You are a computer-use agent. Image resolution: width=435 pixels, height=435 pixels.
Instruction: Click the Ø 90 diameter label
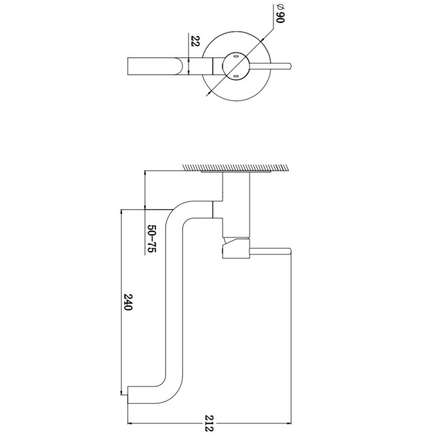tap(280, 14)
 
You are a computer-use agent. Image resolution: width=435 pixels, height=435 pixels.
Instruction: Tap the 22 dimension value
tap(196, 41)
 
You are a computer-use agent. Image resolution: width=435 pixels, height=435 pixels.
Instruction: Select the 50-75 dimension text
tap(152, 239)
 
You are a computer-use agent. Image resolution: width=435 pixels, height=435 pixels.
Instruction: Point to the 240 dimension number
tap(128, 302)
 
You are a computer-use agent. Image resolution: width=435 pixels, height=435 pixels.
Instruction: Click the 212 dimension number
tap(210, 423)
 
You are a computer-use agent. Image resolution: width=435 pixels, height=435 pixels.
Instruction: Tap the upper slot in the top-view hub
tap(236, 57)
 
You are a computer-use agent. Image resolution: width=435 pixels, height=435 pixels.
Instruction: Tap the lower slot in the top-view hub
tap(236, 76)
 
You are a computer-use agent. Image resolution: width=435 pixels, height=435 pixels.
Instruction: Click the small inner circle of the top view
tap(236, 66)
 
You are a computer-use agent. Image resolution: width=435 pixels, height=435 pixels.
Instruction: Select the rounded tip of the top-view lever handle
tap(290, 66)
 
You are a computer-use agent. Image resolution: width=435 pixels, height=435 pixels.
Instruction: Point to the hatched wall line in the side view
tap(234, 167)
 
